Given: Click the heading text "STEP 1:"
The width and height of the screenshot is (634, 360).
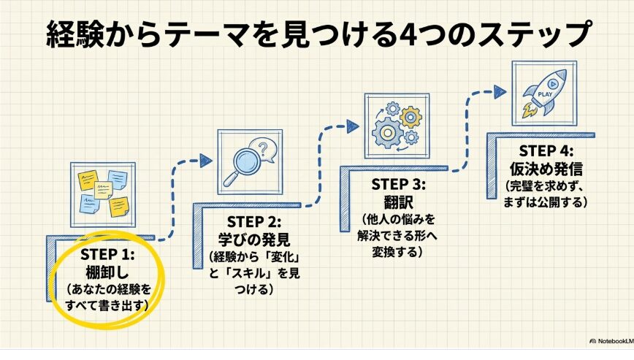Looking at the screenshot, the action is point(107,255).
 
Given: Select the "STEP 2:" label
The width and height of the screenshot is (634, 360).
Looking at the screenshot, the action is point(254,222).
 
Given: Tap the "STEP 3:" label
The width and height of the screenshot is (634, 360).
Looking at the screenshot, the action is point(399,185).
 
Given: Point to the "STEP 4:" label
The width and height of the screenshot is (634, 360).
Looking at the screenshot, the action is point(546,151).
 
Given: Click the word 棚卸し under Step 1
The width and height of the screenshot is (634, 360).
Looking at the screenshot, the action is point(107,272).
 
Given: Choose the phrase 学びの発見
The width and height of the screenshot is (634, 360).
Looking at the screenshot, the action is point(254,240).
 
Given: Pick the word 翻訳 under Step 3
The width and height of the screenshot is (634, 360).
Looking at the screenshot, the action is point(399,202).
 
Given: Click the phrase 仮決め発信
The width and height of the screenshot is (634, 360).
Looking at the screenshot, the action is point(546,169).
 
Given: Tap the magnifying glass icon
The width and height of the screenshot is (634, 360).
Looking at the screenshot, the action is point(241,166).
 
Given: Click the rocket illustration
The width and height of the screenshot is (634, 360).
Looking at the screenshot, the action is point(544,93).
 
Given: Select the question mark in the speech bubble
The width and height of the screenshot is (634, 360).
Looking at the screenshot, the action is point(263,149).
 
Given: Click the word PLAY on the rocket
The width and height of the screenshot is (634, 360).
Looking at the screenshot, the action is point(545,94).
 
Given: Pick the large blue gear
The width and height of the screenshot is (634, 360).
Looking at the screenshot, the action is point(387,132).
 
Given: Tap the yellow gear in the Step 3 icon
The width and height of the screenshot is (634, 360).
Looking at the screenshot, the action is point(410,117).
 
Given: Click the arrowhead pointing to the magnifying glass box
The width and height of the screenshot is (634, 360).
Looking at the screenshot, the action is point(206,161).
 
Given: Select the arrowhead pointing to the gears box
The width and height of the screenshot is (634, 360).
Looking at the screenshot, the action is point(353,126).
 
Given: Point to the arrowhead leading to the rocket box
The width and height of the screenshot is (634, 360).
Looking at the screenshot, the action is point(500,92).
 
